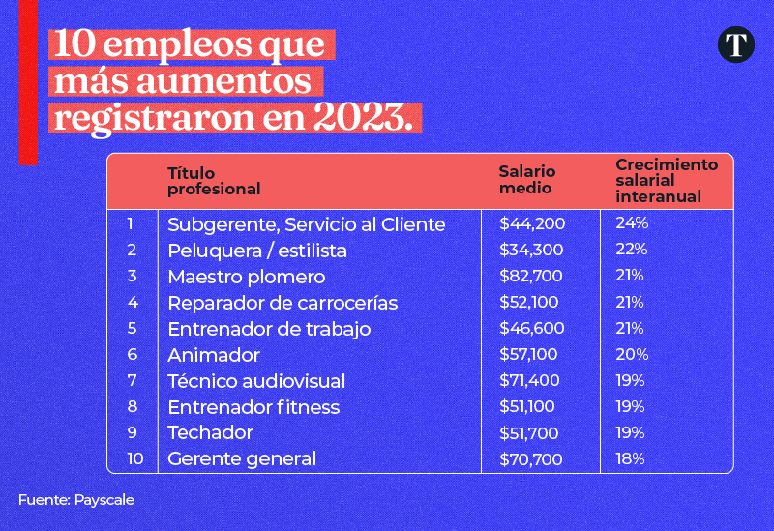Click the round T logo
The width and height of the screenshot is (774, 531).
[736, 45]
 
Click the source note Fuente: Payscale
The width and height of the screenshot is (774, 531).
[75, 500]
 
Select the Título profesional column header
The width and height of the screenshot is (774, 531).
[214, 181]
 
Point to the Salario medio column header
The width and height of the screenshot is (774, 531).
[527, 180]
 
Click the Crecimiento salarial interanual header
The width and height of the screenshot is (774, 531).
[667, 181]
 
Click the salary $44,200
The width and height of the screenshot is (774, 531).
[532, 224]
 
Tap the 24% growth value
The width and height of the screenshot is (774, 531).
[632, 223]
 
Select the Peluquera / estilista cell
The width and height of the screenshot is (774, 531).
[256, 251]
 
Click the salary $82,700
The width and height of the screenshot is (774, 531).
[532, 277]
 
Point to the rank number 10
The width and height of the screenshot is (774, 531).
[134, 458]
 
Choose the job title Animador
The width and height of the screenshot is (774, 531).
[213, 355]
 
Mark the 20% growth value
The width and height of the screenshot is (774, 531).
[632, 354]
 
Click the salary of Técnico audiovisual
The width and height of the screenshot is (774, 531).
[532, 381]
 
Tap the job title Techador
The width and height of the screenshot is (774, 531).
[210, 432]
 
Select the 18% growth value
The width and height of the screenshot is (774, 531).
[630, 458]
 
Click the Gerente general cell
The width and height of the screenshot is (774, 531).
[242, 458]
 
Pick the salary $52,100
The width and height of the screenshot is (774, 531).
[531, 303]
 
